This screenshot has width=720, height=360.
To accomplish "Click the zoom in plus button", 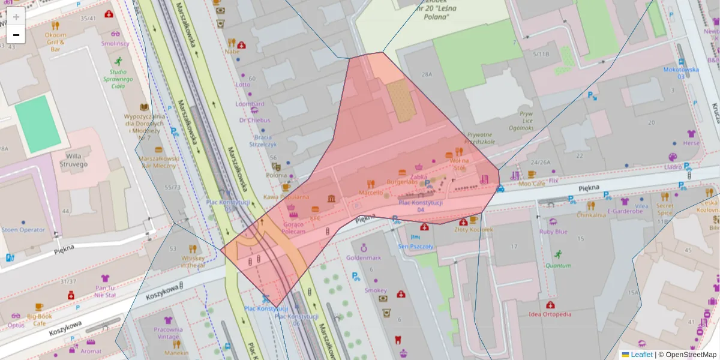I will [16, 17].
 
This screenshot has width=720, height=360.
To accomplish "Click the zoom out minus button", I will [16, 35].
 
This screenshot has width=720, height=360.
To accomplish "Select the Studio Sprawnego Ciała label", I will [118, 79].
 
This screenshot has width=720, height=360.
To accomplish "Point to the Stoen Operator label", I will [23, 230].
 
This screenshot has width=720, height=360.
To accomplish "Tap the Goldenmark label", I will [364, 257].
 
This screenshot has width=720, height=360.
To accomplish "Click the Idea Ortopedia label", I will [550, 314].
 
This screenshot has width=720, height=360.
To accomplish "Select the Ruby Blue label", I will [553, 232].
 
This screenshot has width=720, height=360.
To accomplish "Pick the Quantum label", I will [558, 265].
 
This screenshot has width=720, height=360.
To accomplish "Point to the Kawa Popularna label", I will [286, 196].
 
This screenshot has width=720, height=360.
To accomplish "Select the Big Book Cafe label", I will [39, 319].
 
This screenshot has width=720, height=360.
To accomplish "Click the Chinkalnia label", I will [591, 214].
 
